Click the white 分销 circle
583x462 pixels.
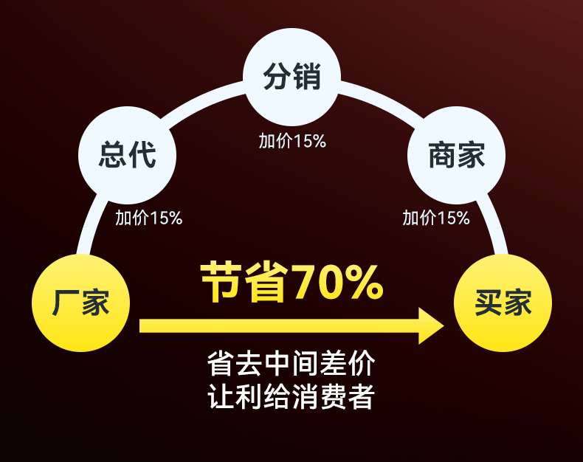[292, 77]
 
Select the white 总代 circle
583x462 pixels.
[127, 155]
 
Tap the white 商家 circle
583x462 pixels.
[456, 155]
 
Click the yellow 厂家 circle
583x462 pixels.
[80, 303]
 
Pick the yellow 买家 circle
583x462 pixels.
[503, 303]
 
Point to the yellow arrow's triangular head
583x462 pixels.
[430, 325]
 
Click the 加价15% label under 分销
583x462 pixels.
[292, 141]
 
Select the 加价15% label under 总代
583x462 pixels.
[148, 218]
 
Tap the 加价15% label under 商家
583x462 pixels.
[435, 218]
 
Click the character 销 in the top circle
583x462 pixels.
[307, 77]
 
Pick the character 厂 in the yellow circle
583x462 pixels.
[66, 303]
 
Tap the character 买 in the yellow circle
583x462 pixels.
[488, 303]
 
